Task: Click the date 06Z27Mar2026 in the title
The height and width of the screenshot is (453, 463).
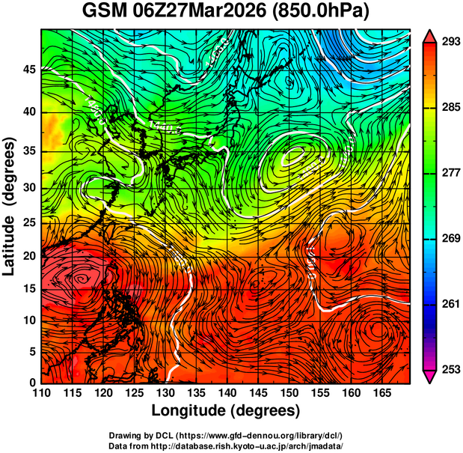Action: [206, 13]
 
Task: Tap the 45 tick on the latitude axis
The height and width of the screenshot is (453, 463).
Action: [28, 70]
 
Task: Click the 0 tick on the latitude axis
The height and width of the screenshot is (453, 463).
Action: [32, 383]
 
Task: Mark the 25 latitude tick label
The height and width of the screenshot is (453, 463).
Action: [28, 222]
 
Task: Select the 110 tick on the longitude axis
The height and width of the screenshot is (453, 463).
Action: [41, 393]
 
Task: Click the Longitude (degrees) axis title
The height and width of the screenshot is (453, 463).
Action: [225, 411]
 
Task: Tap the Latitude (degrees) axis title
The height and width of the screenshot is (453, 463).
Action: [10, 206]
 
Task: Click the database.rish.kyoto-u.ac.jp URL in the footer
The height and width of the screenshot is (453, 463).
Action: [248, 446]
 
